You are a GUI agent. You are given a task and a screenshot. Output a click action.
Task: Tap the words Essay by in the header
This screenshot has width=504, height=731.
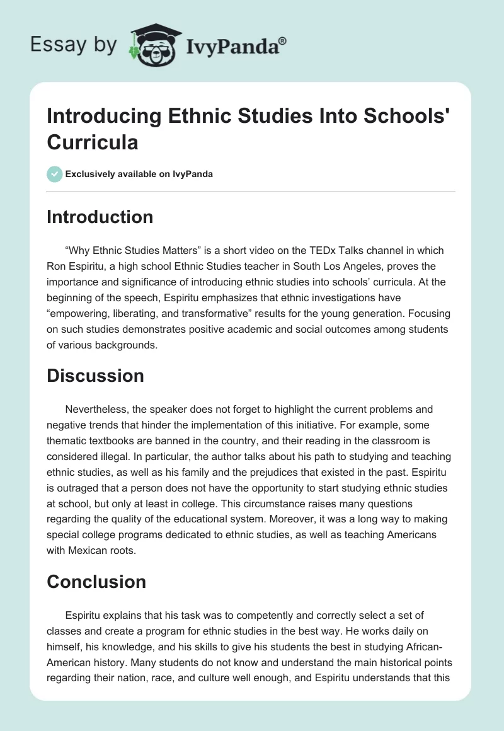(x=74, y=45)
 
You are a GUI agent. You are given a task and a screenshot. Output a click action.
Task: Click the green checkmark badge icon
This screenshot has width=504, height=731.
(x=55, y=174)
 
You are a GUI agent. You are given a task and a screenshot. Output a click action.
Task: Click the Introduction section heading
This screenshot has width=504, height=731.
(x=100, y=217)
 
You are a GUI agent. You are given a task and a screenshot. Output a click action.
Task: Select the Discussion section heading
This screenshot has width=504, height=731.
(x=95, y=376)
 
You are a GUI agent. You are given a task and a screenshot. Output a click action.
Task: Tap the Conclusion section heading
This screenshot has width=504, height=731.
(x=96, y=581)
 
